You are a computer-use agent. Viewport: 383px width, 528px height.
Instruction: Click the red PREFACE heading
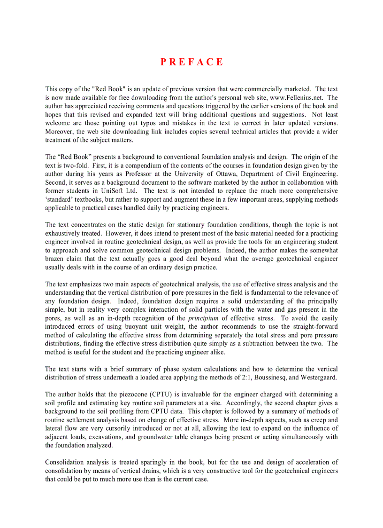pyautogui.click(x=191, y=62)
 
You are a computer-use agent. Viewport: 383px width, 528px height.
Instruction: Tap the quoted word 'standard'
pyautogui.click(x=61, y=199)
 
